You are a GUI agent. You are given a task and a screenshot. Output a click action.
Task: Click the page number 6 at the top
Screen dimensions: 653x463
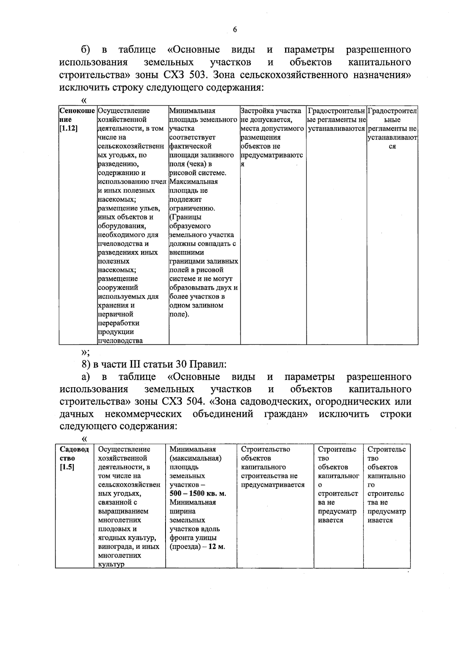[235, 30]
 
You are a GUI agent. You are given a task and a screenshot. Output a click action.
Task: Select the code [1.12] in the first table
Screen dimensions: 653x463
[69, 128]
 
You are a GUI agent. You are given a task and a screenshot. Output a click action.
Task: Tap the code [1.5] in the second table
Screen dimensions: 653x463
[67, 467]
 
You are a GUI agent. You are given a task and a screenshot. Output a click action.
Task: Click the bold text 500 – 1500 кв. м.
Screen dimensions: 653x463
[198, 494]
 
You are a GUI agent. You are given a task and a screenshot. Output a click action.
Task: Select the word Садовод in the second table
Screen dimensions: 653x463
[74, 449]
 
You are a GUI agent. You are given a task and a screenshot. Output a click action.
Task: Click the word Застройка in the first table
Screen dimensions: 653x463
[256, 111]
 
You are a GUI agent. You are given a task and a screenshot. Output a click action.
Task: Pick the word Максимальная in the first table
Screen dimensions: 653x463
[194, 182]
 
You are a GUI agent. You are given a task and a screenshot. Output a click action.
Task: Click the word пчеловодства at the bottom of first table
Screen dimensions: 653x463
[120, 341]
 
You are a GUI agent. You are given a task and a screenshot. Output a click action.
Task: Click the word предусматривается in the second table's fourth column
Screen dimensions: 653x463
[272, 485]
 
